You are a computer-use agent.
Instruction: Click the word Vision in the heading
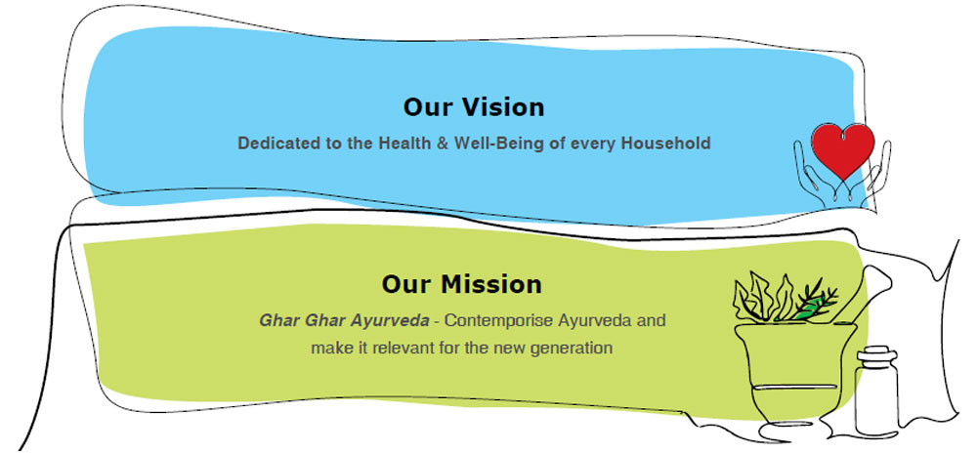tap(501, 107)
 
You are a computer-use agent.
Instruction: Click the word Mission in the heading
tap(491, 284)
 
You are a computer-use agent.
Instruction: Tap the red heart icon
tap(843, 150)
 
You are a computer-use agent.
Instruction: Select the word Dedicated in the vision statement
tap(273, 144)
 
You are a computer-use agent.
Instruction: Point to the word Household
tap(666, 144)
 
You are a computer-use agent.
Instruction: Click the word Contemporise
tap(499, 321)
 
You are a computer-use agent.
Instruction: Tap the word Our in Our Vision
tap(428, 107)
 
